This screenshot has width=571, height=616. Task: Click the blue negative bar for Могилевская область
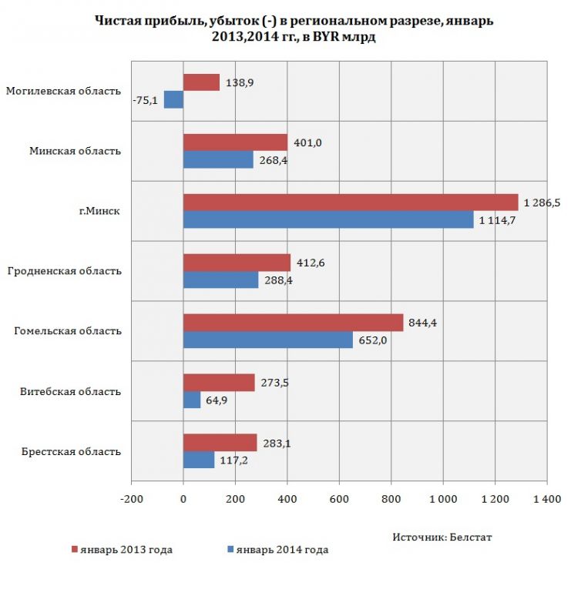173,100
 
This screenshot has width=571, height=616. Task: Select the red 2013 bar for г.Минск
351,203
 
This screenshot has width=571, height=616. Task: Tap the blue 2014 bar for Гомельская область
268,340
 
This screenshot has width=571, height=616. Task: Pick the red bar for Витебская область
219,383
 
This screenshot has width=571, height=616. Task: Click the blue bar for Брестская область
199,460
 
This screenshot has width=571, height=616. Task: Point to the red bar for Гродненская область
237,263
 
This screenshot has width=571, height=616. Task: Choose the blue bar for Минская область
218,159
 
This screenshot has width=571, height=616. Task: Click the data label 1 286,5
542,203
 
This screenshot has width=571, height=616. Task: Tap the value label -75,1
145,101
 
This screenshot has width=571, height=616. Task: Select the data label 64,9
217,400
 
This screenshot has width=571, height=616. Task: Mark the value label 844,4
423,323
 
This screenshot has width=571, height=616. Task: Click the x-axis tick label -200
131,499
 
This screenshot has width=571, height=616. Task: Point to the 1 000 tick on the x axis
443,499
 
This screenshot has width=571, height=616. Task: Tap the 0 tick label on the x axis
183,499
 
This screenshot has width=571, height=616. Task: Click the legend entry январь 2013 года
122,550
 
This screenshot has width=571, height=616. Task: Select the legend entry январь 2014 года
278,550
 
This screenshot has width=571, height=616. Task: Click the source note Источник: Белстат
442,537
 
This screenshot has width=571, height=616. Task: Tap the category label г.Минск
99,211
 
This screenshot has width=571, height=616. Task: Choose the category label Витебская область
70,392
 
